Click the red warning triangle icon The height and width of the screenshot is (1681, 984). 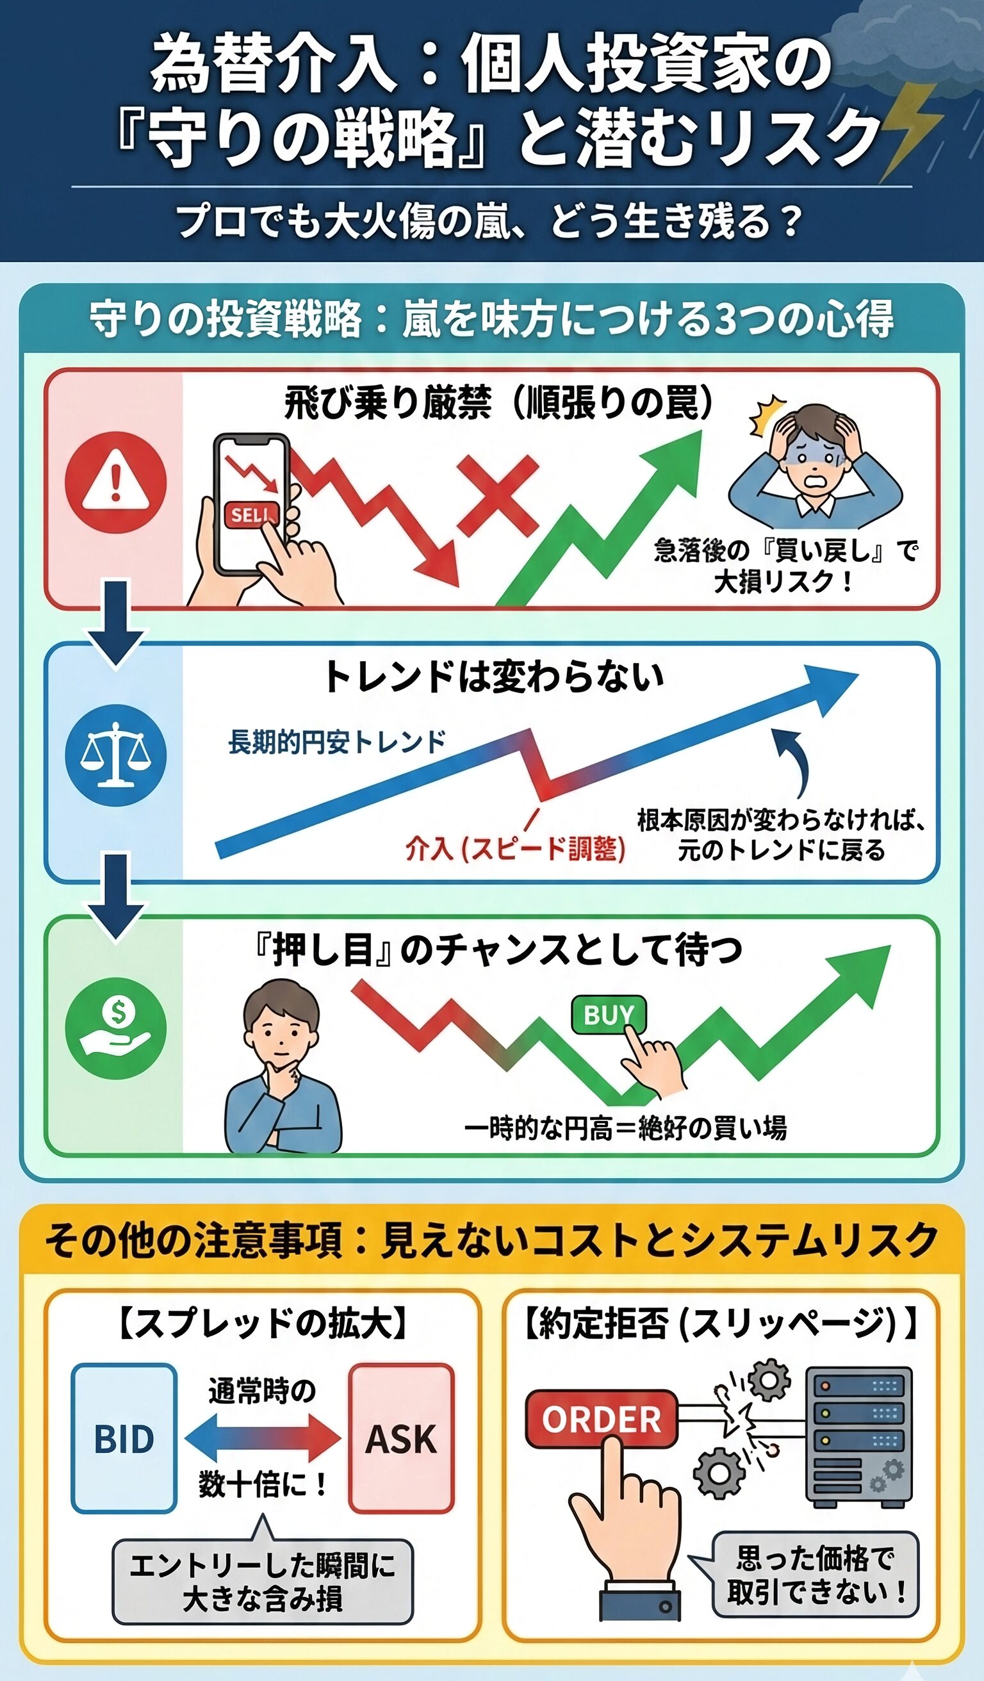click(115, 482)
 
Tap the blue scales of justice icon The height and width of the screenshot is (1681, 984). click(115, 755)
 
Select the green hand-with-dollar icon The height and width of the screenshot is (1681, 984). click(115, 1029)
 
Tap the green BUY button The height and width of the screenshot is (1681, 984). click(609, 1015)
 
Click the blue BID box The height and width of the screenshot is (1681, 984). click(124, 1439)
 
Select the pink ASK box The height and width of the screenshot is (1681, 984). click(401, 1439)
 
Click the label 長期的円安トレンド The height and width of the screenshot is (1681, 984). click(337, 742)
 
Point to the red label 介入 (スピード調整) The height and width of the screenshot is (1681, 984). click(516, 849)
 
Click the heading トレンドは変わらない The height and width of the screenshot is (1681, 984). click(493, 676)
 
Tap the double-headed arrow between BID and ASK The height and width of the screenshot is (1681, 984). click(263, 1438)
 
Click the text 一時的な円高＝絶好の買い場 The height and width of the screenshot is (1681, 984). click(626, 1128)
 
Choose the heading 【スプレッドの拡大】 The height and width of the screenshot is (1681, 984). click(263, 1324)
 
